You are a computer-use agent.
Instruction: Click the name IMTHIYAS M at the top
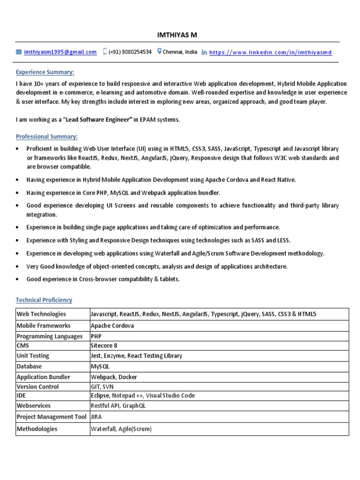click(180, 35)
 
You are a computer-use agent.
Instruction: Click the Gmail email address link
click(60, 52)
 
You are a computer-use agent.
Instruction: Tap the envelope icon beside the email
click(19, 52)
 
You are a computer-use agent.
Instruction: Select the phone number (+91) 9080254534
click(130, 52)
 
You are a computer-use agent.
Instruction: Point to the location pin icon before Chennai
click(159, 52)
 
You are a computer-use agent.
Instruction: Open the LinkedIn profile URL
click(270, 52)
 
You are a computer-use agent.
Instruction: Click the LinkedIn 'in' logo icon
click(204, 52)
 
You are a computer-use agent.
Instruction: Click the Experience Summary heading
click(45, 72)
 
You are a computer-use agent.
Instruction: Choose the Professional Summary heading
click(47, 136)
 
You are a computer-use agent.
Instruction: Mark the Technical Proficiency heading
click(44, 300)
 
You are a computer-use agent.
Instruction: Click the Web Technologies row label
click(41, 314)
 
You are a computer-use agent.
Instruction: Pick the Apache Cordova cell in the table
click(112, 326)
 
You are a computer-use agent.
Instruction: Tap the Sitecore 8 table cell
click(104, 346)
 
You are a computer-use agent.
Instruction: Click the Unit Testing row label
click(33, 356)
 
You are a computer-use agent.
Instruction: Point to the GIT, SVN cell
click(102, 387)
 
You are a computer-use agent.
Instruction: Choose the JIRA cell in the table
click(97, 416)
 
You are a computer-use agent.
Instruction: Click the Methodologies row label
click(37, 429)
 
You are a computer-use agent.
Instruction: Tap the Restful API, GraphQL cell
click(118, 406)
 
